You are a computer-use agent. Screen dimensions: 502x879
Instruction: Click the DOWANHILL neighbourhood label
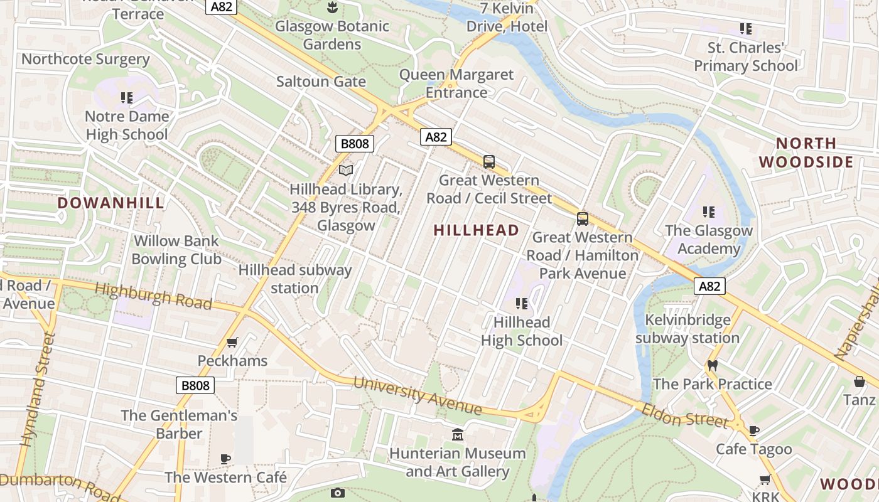click(x=111, y=203)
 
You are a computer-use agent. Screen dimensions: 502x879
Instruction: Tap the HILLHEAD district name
click(x=477, y=230)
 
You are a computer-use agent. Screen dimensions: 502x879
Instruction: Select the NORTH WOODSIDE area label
click(x=806, y=152)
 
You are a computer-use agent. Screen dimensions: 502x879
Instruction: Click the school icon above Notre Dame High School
click(x=127, y=98)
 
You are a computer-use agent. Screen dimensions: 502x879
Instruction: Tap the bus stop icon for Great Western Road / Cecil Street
click(x=489, y=162)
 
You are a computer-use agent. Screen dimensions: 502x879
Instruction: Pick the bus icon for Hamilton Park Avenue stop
click(x=583, y=219)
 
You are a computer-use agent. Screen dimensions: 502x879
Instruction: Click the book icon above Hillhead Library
click(x=346, y=170)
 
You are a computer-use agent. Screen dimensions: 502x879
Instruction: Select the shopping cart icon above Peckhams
click(x=232, y=343)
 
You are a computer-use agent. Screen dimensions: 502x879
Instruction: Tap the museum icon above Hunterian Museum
click(x=458, y=434)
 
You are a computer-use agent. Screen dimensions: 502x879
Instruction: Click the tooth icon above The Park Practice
click(x=712, y=365)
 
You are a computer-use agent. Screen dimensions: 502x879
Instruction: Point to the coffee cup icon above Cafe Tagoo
click(x=754, y=430)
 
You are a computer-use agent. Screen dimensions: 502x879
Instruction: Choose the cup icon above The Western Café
click(x=225, y=459)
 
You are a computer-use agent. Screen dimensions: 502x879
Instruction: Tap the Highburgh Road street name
click(x=154, y=296)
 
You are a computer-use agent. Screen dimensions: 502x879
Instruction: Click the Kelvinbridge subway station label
click(x=688, y=329)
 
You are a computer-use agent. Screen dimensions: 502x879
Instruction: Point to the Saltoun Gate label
click(x=321, y=82)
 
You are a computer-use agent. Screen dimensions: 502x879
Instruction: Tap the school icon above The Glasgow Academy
click(x=709, y=212)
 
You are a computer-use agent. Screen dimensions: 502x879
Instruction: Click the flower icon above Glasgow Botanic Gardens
click(x=332, y=8)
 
